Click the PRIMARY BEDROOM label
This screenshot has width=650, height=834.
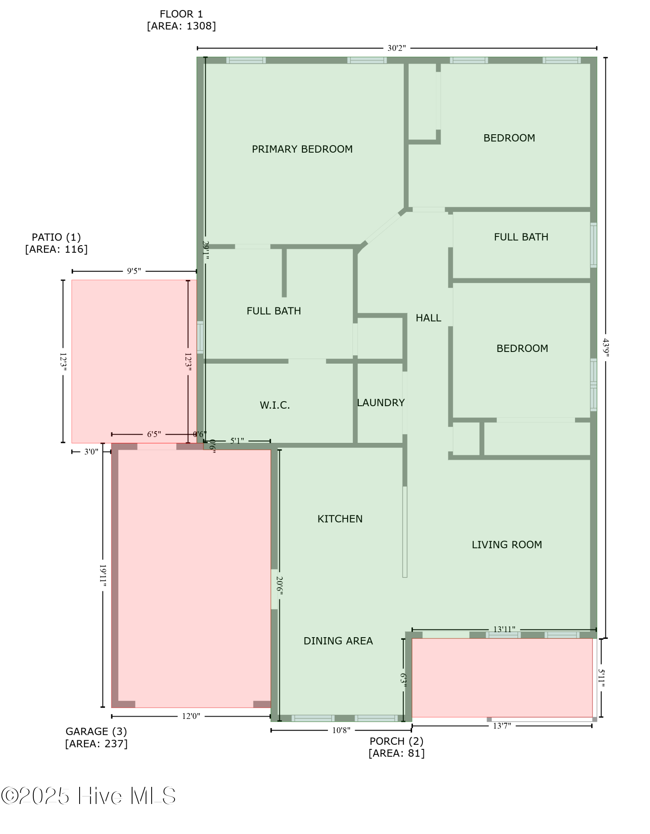pyautogui.click(x=302, y=149)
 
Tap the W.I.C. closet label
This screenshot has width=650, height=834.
pyautogui.click(x=275, y=405)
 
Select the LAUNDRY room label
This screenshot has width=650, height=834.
pyautogui.click(x=381, y=403)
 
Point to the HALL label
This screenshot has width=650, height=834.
pyautogui.click(x=428, y=318)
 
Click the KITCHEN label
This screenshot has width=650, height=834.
pyautogui.click(x=340, y=519)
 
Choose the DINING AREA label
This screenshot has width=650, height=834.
pyautogui.click(x=338, y=641)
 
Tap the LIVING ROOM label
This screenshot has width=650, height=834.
pyautogui.click(x=507, y=545)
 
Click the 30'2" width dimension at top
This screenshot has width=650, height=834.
pyautogui.click(x=396, y=48)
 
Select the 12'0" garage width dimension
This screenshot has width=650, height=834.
pyautogui.click(x=191, y=716)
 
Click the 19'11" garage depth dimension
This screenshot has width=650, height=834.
pyautogui.click(x=103, y=575)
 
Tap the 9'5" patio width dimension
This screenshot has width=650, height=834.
pyautogui.click(x=134, y=271)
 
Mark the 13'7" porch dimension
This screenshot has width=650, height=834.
pyautogui.click(x=502, y=726)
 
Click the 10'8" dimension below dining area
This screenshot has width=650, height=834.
pyautogui.click(x=341, y=731)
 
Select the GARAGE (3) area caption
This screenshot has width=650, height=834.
pyautogui.click(x=96, y=737)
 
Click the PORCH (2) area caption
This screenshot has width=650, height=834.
pyautogui.click(x=396, y=747)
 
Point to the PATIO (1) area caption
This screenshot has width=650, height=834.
pyautogui.click(x=56, y=243)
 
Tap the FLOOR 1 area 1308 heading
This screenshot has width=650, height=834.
pyautogui.click(x=181, y=20)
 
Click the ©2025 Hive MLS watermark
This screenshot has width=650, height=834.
pyautogui.click(x=88, y=796)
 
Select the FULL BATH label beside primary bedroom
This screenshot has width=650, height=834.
pyautogui.click(x=274, y=311)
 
